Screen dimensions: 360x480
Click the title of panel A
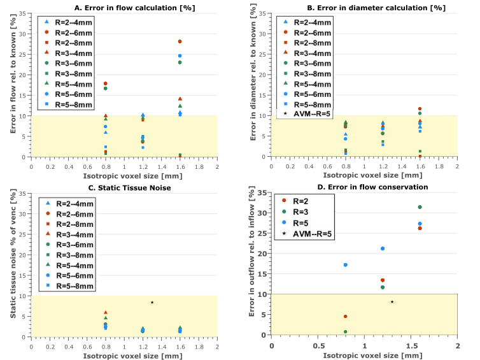pos(124,7)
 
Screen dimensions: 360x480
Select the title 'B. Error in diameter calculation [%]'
pos(364,7)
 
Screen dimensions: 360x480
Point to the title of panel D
pos(364,187)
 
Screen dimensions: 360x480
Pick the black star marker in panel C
pos(152,302)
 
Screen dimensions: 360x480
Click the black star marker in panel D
pos(392,302)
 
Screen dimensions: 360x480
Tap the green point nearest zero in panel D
pos(346,331)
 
